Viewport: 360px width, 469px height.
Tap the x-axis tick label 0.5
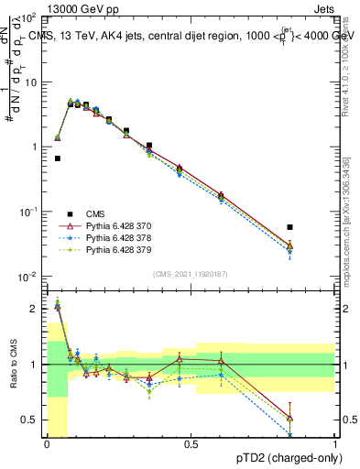pyautogui.click(x=191, y=444)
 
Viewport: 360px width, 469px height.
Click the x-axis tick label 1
pyautogui.click(x=335, y=444)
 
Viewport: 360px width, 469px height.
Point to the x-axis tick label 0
pyautogui.click(x=47, y=444)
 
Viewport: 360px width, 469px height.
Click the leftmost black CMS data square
pyautogui.click(x=57, y=158)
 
